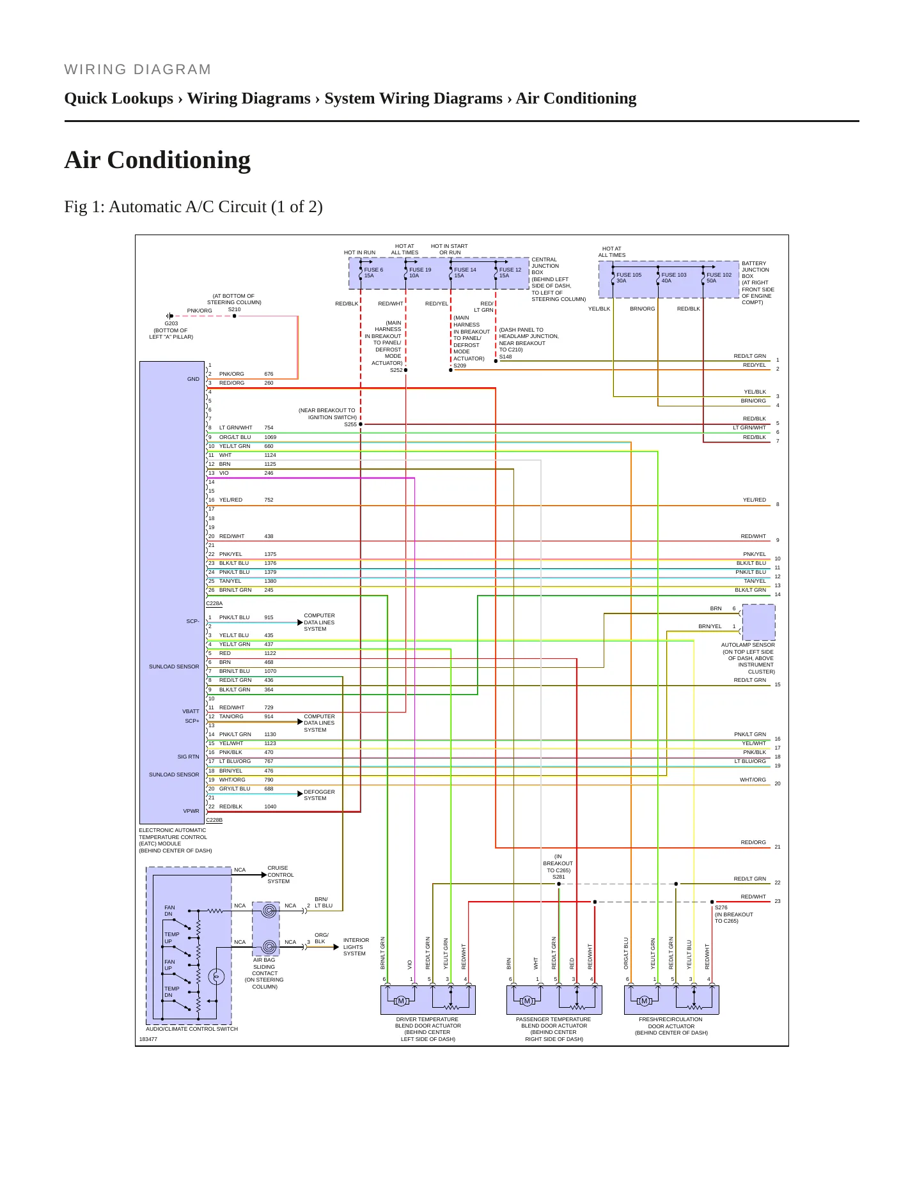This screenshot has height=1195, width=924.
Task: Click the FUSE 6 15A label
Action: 373,273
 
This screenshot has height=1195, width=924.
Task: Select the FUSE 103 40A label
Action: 673,278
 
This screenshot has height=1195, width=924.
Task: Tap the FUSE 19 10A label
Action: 420,273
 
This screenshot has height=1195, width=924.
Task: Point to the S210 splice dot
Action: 235,316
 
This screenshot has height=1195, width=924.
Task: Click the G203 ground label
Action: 171,323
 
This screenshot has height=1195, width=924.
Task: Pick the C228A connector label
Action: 214,603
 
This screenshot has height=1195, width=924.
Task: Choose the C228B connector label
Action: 214,820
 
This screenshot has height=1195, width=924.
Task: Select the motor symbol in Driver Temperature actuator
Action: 401,1001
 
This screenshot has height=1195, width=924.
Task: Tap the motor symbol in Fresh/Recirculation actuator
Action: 645,1001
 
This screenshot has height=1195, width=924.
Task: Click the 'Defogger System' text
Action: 319,795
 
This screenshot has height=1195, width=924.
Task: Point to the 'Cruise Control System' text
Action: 280,875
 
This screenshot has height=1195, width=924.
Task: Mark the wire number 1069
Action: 270,437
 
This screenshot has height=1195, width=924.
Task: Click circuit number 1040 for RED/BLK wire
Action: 270,806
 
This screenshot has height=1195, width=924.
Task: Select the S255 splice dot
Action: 361,424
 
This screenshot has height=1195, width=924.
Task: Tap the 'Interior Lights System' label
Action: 356,946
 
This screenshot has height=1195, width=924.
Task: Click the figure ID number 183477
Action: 148,1039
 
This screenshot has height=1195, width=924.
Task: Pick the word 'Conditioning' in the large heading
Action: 179,160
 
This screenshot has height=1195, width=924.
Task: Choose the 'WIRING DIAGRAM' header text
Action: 137,70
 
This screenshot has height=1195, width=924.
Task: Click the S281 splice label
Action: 559,877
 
